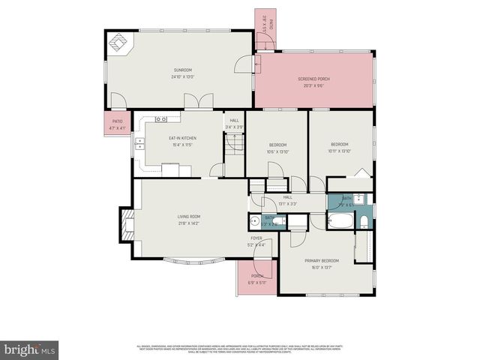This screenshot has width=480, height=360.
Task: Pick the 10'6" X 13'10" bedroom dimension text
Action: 277,151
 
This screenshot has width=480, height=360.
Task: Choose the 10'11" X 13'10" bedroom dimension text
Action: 340,151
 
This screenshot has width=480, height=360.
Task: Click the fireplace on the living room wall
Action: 126,223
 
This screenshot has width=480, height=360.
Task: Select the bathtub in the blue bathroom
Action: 339,222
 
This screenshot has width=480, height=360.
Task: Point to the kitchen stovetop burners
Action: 160,119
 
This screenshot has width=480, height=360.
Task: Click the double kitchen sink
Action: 139,143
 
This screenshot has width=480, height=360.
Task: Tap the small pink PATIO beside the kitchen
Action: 117,124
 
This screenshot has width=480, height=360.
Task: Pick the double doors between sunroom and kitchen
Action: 197,101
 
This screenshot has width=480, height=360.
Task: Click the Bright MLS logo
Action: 29,349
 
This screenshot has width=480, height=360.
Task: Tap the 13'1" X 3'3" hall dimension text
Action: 288,203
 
